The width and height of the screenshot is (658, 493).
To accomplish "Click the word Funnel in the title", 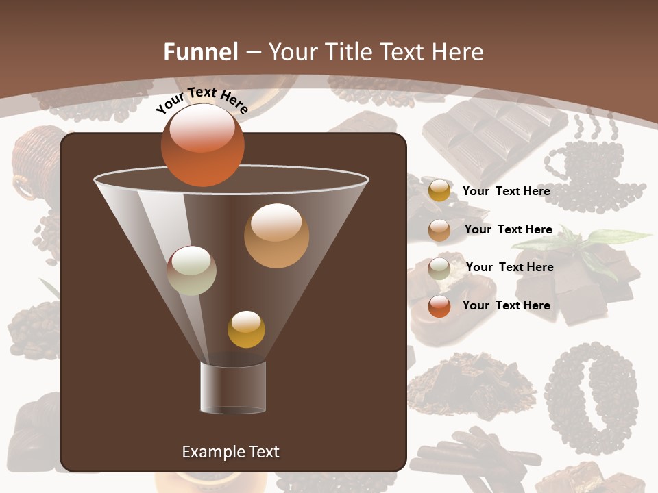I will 200,52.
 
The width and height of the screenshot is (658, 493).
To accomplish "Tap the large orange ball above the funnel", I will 202,145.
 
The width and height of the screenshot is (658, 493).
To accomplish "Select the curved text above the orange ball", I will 202,100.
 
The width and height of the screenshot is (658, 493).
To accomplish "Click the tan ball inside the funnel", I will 276,236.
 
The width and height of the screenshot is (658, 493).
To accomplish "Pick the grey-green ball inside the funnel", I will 191,270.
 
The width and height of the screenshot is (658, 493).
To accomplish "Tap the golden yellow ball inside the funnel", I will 246,329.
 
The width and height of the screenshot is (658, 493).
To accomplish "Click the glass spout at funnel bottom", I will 233,388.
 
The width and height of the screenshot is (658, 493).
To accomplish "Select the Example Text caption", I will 230,452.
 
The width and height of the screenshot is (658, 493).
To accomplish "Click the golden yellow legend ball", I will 439,190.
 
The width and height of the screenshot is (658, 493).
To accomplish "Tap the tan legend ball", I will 439,230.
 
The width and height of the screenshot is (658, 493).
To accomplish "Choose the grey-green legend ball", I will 439,268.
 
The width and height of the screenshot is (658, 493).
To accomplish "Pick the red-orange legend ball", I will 439,307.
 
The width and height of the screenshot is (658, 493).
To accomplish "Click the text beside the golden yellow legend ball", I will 506,191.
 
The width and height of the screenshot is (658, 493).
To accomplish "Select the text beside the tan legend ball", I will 508,229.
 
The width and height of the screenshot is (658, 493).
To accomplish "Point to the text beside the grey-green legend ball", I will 509,267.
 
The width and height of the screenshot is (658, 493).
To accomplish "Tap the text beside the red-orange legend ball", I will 506,305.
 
